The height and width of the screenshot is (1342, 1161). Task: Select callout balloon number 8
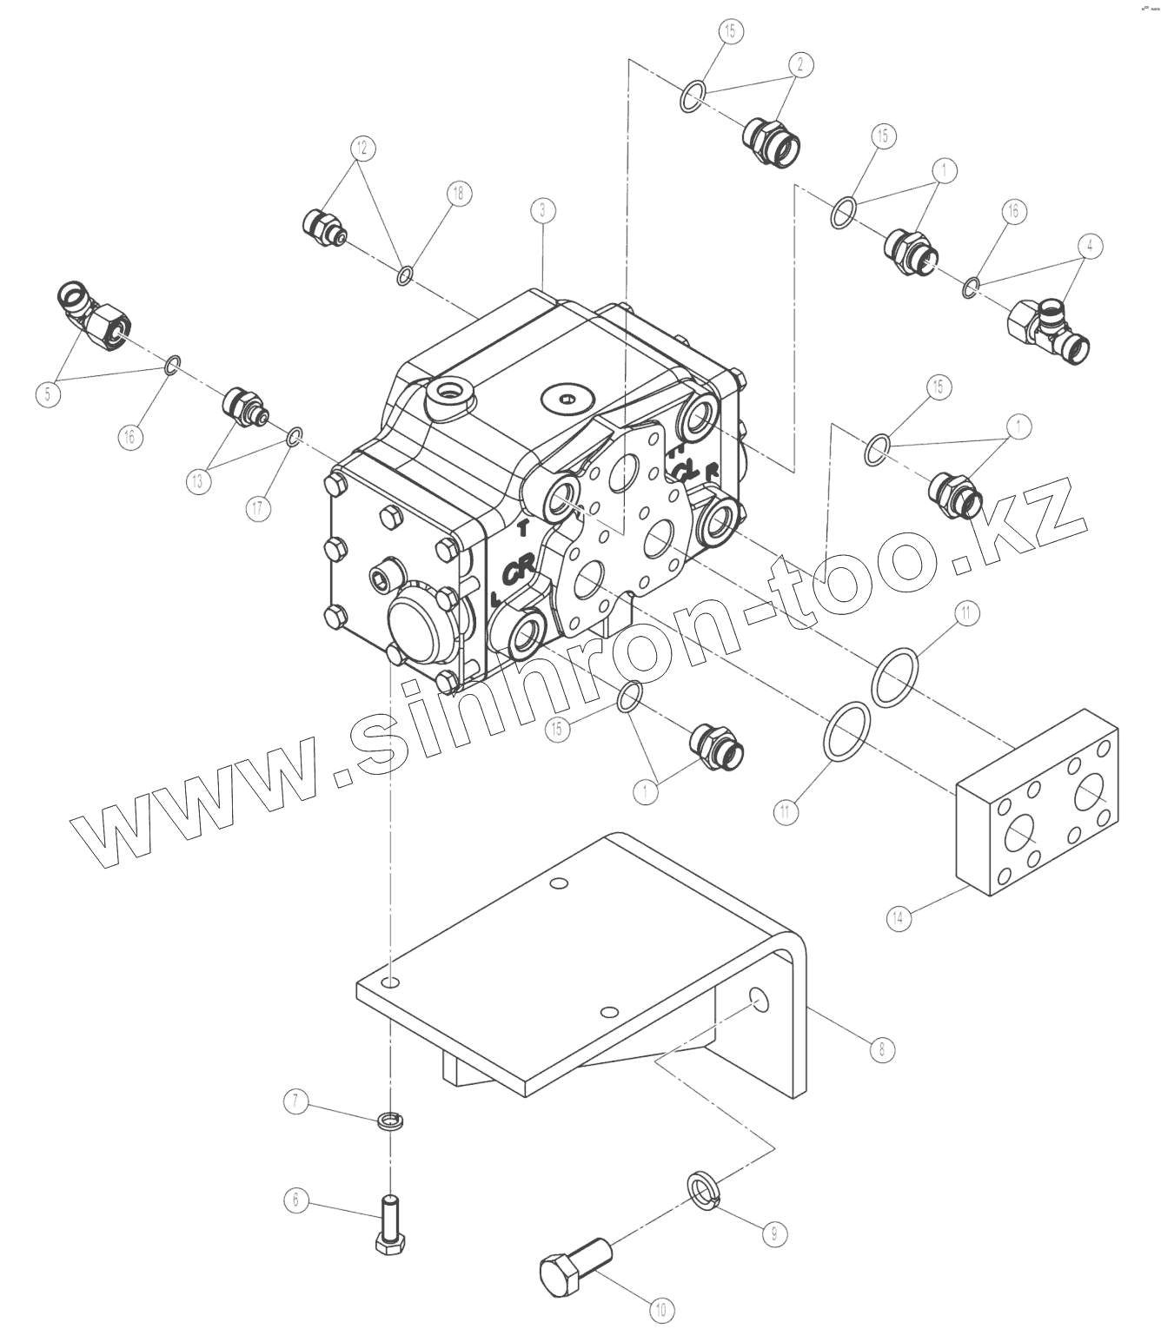881,1048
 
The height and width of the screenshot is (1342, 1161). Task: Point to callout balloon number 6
295,1200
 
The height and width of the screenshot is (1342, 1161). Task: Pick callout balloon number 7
295,1103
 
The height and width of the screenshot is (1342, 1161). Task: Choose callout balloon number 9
773,1232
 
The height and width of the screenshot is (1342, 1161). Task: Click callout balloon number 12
363,148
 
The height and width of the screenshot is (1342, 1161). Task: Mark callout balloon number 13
199,480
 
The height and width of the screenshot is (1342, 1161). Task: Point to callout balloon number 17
258,508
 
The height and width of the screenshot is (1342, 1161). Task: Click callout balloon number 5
49,393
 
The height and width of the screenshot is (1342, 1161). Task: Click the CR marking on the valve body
519,569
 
